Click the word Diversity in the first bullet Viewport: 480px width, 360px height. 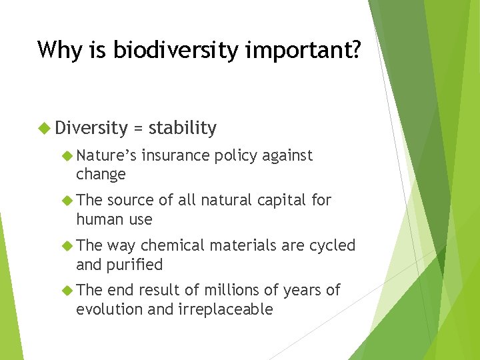91,127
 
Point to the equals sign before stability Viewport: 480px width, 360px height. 138,128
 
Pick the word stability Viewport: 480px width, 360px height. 183,128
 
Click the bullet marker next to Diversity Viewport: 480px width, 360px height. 45,127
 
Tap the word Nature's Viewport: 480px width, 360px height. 106,155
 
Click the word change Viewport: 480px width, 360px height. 101,175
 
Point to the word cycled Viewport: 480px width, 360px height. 333,245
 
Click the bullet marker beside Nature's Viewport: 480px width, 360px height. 66,155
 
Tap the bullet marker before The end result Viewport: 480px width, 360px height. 66,290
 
